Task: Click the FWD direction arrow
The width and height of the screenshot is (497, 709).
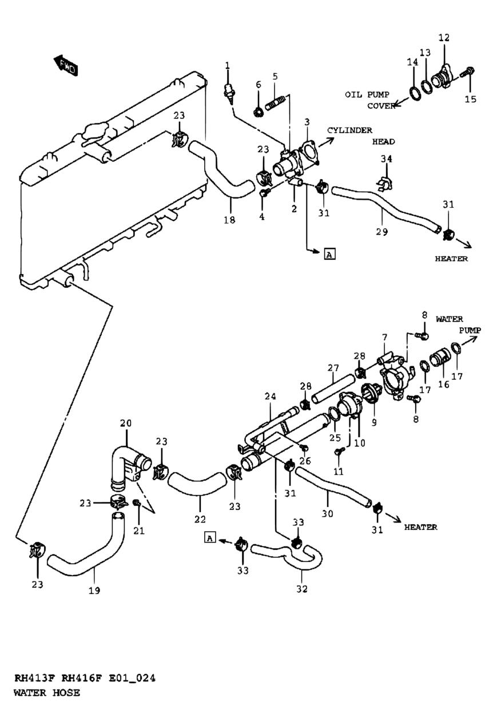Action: click(66, 65)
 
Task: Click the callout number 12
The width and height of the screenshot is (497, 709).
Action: click(444, 38)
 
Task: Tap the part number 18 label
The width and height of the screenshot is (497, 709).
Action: click(230, 220)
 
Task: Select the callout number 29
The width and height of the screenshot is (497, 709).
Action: click(382, 232)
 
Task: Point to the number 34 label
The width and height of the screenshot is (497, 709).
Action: click(386, 159)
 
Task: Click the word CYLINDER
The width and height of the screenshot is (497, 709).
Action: click(349, 130)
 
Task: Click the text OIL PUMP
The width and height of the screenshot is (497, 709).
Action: click(367, 94)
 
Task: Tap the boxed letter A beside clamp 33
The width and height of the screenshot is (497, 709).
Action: click(210, 537)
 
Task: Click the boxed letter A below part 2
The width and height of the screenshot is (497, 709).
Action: click(329, 254)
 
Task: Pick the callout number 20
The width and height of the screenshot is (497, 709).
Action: click(126, 423)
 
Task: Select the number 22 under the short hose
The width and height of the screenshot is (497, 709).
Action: click(200, 519)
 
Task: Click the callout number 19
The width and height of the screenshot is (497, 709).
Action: click(94, 591)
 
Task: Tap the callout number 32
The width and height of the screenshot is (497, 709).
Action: click(302, 589)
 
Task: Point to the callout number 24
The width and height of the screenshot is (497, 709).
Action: click(270, 397)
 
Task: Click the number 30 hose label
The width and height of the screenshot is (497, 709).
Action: click(328, 513)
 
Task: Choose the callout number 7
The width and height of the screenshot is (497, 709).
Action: click(384, 338)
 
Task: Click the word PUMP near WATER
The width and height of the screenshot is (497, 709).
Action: click(470, 330)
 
